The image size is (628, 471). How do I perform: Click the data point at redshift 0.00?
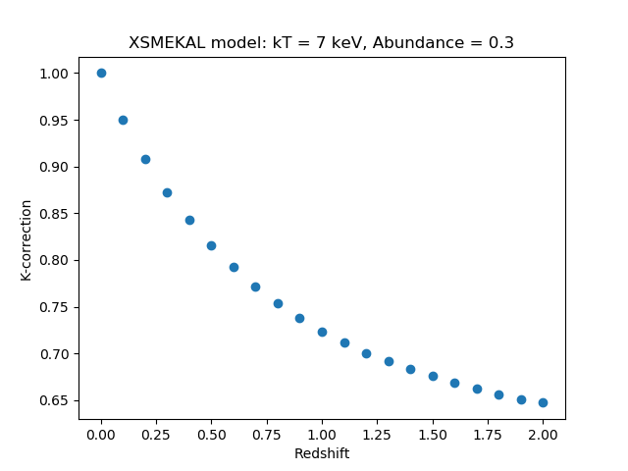click(x=101, y=73)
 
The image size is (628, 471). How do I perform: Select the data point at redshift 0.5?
click(x=211, y=245)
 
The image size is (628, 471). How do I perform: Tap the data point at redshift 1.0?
click(x=322, y=332)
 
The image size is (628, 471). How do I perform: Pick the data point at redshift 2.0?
click(x=543, y=402)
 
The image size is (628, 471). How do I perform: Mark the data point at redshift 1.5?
click(x=433, y=376)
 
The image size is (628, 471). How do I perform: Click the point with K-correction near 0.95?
click(x=123, y=120)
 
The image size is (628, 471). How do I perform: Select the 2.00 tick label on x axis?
click(x=543, y=435)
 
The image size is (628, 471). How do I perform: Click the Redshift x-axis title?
click(x=322, y=453)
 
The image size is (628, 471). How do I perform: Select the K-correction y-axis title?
click(x=26, y=239)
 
